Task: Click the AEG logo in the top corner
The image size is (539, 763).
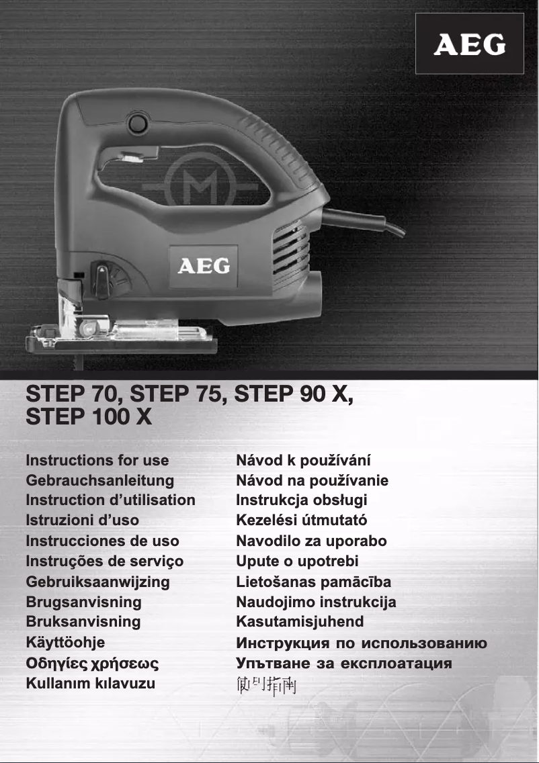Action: point(469,44)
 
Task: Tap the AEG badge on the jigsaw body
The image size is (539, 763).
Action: point(203,267)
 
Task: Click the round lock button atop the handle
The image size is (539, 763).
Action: point(138,124)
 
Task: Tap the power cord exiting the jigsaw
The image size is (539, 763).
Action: point(366,222)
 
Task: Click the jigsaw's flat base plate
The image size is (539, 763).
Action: point(121,344)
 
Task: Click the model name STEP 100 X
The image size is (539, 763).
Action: point(88,417)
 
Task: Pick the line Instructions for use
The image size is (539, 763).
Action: point(97,461)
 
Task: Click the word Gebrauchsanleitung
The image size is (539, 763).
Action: point(99,481)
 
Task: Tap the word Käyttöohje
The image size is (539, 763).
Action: point(65,642)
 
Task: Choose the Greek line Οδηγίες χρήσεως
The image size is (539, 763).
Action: point(92,664)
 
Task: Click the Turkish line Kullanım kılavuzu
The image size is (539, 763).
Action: point(90,684)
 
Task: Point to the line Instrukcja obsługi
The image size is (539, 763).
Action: point(301,500)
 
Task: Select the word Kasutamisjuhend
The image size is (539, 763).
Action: point(300,621)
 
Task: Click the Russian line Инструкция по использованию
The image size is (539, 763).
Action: point(362,643)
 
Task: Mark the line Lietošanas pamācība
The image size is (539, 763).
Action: point(313,581)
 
